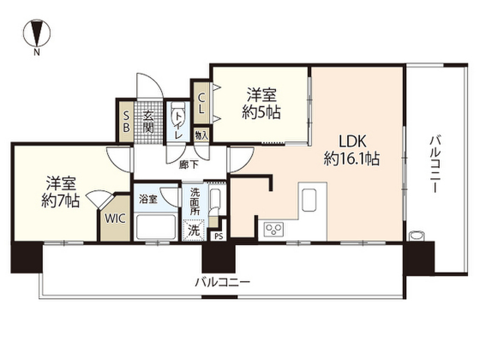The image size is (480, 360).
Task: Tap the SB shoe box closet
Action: pos(126,121)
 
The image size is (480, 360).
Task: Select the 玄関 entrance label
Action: pos(149,121)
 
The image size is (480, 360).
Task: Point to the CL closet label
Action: pos(201,103)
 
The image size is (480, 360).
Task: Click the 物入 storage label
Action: pos(202,135)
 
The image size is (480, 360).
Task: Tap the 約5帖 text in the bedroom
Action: pos(261,112)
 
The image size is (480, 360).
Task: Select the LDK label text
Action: pos(352,142)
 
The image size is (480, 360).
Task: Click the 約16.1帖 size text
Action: pos(352,159)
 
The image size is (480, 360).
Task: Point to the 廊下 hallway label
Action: pos(188,165)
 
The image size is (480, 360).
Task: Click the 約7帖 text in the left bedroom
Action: pos(60,201)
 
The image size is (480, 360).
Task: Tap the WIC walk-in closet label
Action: pos(115,218)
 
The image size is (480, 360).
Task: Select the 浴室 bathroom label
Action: pos(148,199)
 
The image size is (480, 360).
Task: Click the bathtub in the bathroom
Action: pos(156,227)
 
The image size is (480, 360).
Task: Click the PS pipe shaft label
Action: pos(218,236)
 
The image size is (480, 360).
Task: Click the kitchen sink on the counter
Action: pos(308,200)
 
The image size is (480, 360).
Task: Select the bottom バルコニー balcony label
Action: pos(223,282)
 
